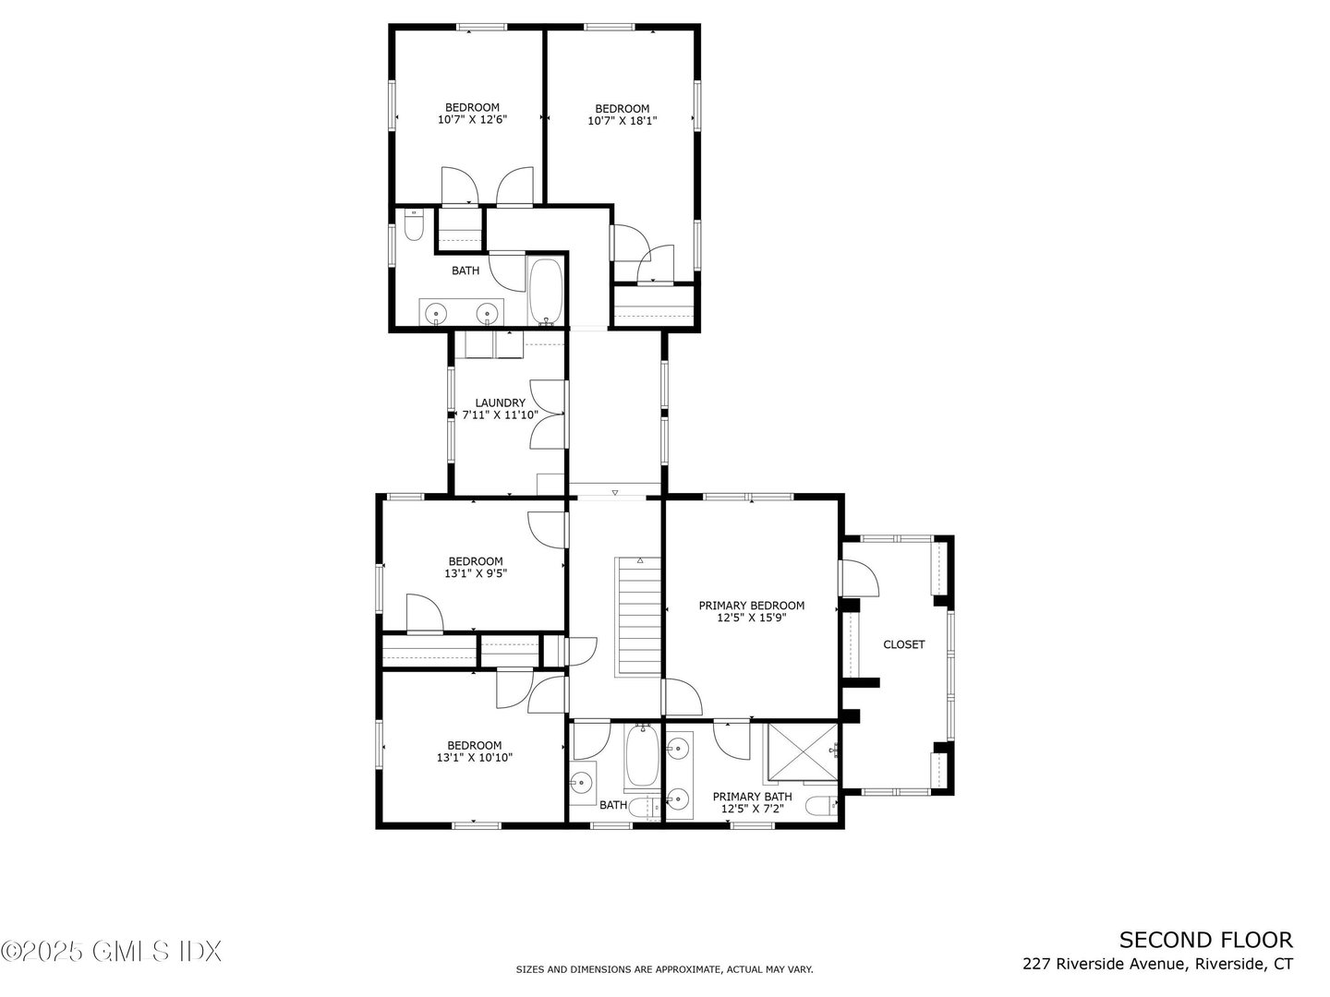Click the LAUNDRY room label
click(500, 402)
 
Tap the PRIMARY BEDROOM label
click(751, 606)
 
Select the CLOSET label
click(903, 644)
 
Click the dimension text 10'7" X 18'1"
click(622, 121)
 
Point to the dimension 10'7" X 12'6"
click(472, 119)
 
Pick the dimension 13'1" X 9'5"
click(476, 573)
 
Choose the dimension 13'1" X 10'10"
click(475, 758)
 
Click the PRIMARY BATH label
click(751, 797)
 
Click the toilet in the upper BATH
click(414, 224)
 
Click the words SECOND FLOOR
click(1205, 940)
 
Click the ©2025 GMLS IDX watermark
click(112, 950)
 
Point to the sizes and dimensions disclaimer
click(664, 969)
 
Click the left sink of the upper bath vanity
click(436, 315)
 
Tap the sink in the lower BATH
click(581, 784)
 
